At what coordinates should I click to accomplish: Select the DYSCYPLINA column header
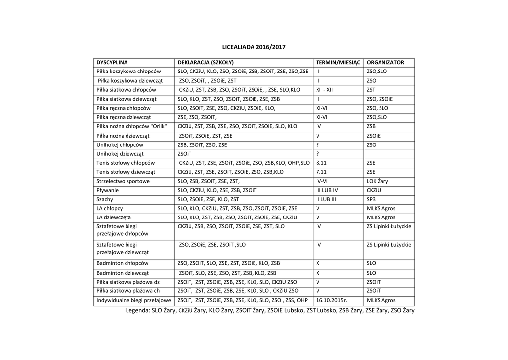point(112,63)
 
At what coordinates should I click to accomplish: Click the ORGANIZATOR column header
point(385,63)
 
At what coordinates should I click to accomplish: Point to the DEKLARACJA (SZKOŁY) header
point(205,63)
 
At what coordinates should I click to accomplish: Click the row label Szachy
point(105,199)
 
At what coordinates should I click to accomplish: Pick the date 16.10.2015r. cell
point(332,301)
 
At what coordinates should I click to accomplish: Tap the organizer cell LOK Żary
point(377,181)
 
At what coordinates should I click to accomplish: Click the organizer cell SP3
point(371,199)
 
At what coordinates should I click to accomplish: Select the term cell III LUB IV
point(327,190)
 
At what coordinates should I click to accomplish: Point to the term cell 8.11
point(321,163)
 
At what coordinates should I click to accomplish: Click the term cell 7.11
point(321,172)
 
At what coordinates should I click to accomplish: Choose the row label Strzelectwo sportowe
point(123,181)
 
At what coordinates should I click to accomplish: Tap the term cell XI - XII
point(324,90)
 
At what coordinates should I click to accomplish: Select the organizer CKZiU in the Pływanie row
point(375,190)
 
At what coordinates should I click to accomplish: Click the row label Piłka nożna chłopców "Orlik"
point(131,127)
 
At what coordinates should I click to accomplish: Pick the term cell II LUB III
point(326,199)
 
